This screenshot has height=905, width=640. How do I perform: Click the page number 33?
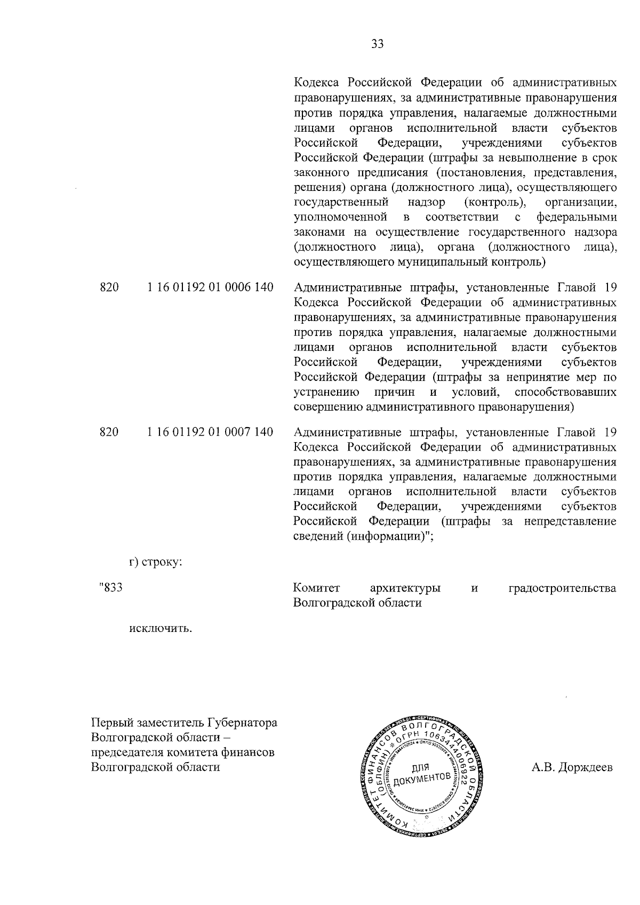point(377,44)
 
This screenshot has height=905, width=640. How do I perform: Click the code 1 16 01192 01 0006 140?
point(210,288)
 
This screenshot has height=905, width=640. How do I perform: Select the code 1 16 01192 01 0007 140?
point(210,432)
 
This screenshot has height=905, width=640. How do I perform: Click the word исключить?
point(161,628)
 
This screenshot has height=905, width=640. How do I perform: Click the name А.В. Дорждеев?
point(572,768)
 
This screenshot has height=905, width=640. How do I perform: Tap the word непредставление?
point(570,522)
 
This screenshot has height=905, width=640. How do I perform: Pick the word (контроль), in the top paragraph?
point(496,203)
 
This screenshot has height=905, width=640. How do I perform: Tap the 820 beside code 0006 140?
point(109,288)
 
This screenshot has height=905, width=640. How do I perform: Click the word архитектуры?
point(405,589)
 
